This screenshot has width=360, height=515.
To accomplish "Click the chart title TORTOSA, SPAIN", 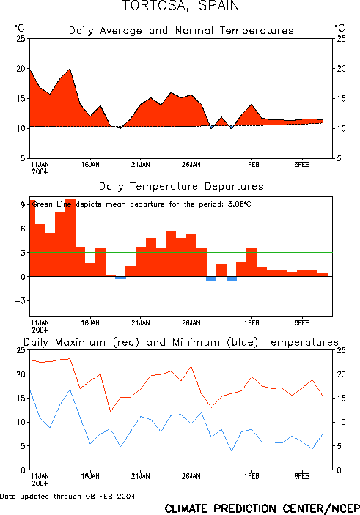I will point(180,7).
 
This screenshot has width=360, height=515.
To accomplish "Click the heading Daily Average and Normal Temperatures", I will point(180,31).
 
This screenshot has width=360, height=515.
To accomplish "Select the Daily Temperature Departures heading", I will point(180,187).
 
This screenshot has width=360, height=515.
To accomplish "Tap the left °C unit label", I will point(20,28).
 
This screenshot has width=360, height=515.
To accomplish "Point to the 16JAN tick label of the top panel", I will point(90,165).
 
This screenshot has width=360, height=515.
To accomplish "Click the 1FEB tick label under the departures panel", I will point(251,322).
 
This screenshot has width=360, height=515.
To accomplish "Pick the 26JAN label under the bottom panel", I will point(191,477).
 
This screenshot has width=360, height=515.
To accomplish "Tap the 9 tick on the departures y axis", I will point(23,205).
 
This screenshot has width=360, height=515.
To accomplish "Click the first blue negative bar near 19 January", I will point(120,278).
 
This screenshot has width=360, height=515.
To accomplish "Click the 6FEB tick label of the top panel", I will point(302,165).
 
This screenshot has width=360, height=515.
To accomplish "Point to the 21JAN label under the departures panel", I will point(141,322).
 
